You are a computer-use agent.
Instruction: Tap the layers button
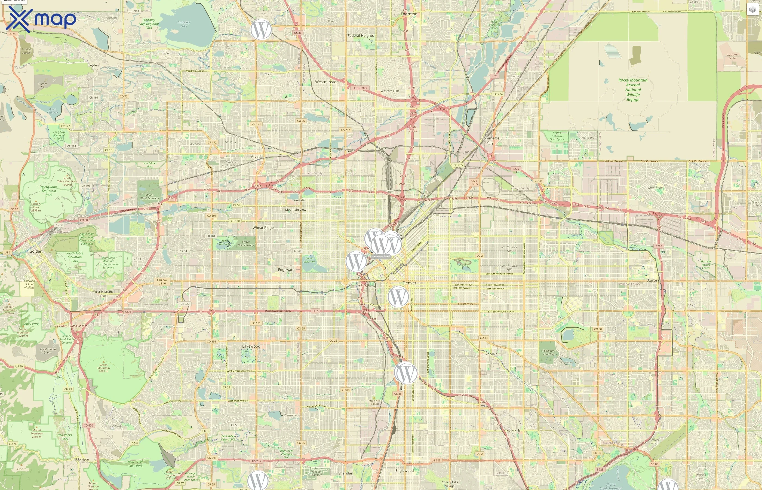752,10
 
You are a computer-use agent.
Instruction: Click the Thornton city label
409,14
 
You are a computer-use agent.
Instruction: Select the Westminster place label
326,82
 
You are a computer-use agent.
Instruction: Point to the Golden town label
36,251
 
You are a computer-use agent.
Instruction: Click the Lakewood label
251,346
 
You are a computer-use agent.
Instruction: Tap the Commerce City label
490,140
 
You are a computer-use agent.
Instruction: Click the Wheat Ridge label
263,228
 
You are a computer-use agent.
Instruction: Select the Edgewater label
287,269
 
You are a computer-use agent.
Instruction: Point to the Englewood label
404,471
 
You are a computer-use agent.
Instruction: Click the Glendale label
490,354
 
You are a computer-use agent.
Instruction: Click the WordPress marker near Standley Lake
261,30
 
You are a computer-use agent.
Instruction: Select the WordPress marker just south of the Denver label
398,296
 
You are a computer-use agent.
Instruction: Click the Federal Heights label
360,36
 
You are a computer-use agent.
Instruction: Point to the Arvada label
257,157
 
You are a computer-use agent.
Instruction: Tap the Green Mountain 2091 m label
103,368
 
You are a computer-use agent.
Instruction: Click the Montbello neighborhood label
655,188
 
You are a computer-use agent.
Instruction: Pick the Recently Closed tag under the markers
381,256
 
